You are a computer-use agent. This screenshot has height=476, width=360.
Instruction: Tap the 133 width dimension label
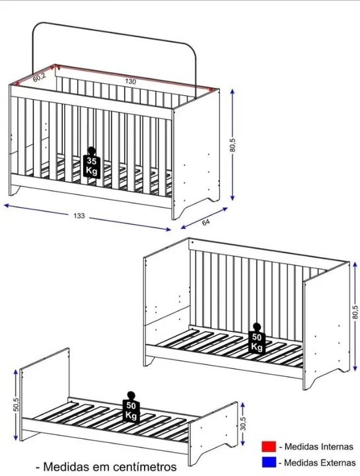(79, 216)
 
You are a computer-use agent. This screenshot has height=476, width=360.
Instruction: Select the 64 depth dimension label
(205, 222)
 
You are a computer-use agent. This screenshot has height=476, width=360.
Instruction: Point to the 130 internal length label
(130, 81)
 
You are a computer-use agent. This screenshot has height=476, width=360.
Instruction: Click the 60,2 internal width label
(40, 78)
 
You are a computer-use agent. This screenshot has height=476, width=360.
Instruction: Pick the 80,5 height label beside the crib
(233, 145)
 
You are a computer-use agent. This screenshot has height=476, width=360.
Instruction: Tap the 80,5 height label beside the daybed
(355, 312)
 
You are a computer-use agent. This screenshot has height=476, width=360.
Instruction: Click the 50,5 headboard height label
(17, 405)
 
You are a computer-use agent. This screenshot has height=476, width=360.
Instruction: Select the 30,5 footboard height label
(244, 424)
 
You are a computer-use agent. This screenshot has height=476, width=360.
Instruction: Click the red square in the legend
(269, 446)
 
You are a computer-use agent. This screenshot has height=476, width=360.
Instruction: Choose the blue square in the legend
(269, 462)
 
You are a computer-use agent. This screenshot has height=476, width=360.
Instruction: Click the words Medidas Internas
(319, 446)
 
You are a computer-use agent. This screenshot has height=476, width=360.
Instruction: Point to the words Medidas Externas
(320, 463)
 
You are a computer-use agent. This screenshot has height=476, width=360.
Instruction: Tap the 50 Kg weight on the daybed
(256, 338)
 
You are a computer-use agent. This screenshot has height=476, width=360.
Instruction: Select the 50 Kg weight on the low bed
(131, 407)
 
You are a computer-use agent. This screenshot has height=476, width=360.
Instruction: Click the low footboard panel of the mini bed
(213, 433)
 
